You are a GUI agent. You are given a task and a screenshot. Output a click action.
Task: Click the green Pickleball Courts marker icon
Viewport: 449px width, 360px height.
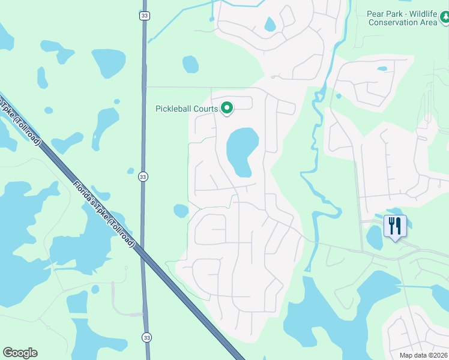(227, 108)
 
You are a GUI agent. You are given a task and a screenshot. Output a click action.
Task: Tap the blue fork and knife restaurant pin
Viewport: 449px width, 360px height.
(395, 226)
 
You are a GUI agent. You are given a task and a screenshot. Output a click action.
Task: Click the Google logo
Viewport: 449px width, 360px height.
(20, 353)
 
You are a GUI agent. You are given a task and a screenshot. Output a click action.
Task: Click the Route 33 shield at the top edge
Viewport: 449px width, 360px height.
(143, 16)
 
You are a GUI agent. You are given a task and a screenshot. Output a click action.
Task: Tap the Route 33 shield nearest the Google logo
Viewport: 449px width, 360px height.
(146, 338)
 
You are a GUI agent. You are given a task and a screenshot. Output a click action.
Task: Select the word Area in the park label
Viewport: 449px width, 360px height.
(428, 23)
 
